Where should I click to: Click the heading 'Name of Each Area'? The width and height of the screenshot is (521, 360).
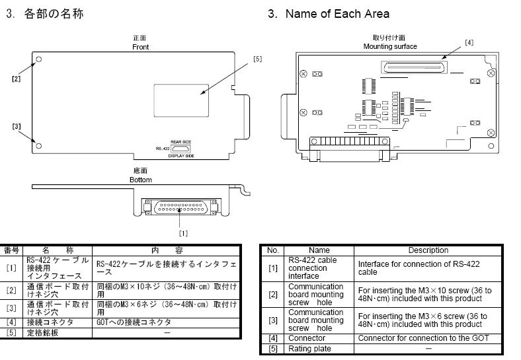click(337, 14)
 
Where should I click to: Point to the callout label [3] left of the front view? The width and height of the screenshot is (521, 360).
click(16, 126)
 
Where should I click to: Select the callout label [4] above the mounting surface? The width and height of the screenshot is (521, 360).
click(469, 42)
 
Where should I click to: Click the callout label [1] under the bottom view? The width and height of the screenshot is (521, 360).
click(183, 233)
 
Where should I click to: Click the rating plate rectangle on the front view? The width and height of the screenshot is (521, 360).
click(180, 98)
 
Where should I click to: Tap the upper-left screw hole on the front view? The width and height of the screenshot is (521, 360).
click(39, 59)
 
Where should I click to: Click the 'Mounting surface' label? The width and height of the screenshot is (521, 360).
click(390, 46)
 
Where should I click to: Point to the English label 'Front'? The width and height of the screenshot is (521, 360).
click(140, 47)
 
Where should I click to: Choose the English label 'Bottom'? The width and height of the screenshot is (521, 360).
click(140, 180)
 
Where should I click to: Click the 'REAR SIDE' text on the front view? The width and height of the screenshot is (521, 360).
click(180, 142)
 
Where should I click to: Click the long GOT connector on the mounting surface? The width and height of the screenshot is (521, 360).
click(413, 67)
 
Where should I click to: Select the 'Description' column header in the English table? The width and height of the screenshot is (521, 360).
click(428, 250)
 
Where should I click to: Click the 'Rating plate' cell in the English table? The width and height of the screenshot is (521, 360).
click(310, 348)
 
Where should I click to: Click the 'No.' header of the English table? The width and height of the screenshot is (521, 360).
click(272, 250)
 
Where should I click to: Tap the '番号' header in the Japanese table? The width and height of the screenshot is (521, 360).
click(12, 250)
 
